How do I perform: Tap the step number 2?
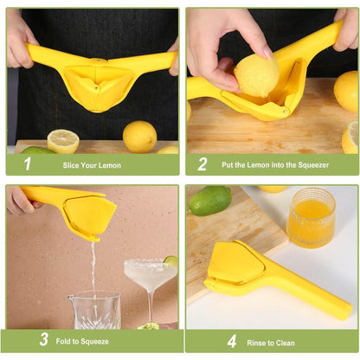pyautogui.click(x=202, y=164)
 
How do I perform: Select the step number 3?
pyautogui.click(x=43, y=341)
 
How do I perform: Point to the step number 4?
pyautogui.click(x=231, y=341)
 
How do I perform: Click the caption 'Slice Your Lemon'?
pyautogui.click(x=92, y=164)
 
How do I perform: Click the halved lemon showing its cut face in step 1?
pyautogui.click(x=63, y=140)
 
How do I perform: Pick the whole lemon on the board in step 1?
pyautogui.click(x=139, y=136)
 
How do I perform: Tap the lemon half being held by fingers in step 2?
pyautogui.click(x=257, y=74)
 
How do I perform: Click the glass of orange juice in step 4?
pyautogui.click(x=311, y=216)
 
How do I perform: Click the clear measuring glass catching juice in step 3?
pyautogui.click(x=95, y=309)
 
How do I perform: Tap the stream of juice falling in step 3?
pyautogui.click(x=93, y=264)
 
